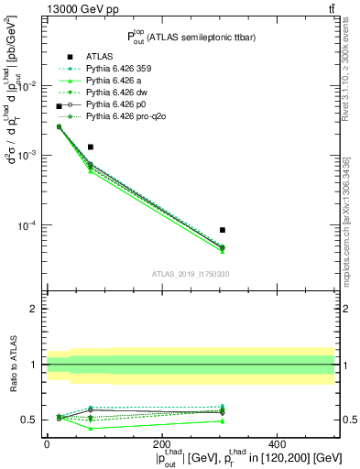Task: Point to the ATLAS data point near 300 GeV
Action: pos(223,230)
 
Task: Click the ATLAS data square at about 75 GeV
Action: pos(90,147)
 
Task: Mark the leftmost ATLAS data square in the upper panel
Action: pos(60,106)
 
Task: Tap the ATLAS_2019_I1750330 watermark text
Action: pos(190,274)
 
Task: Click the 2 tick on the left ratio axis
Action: pos(35,309)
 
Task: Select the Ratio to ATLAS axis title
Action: pos(13,364)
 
